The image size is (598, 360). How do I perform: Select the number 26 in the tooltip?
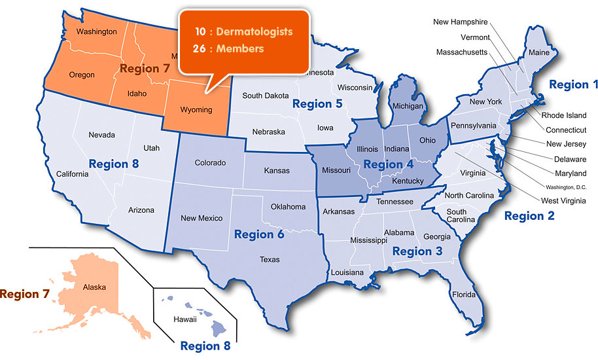200,48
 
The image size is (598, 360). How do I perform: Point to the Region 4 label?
388,164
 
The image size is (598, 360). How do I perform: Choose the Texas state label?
270,259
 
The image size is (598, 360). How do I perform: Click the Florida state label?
464,294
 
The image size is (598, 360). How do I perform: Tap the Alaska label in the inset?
94,287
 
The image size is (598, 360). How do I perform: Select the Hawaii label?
185,319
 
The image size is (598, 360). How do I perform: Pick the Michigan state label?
408,105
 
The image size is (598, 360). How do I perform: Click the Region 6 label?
259,234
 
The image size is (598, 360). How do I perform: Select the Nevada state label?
102,135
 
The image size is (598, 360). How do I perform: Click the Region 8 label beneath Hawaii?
205,346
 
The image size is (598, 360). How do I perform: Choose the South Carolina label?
457,215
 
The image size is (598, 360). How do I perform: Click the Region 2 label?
529,215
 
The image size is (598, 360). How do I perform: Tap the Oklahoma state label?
288,207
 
